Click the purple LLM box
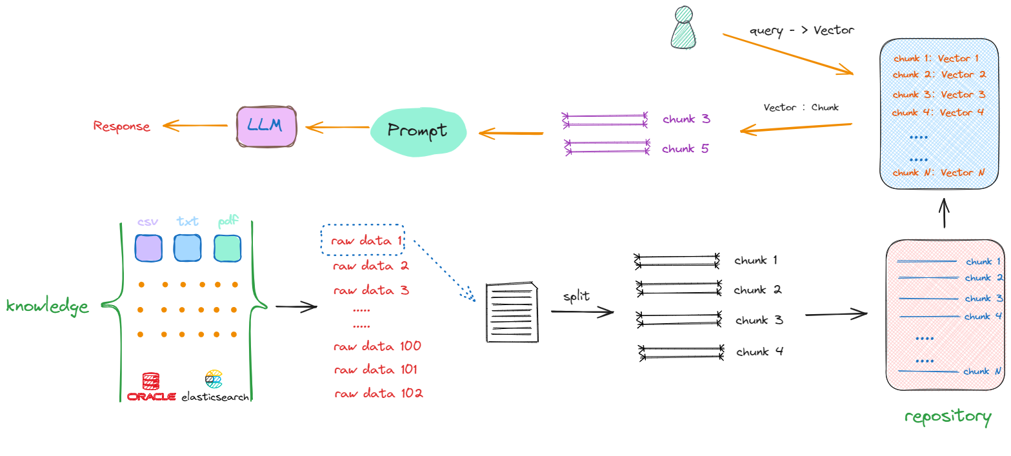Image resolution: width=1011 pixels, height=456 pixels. (266, 127)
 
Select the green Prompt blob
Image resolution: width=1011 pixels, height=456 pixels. (418, 132)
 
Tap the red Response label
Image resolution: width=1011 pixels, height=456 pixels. (121, 126)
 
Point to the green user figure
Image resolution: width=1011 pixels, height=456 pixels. (683, 28)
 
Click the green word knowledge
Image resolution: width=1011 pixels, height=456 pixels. (47, 306)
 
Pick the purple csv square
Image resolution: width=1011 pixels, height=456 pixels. (148, 248)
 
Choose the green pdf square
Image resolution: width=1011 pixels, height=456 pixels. (228, 248)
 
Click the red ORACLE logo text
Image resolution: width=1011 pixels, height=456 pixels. (151, 397)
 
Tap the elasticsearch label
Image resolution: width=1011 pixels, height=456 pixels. (215, 397)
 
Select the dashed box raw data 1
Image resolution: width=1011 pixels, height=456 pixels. (363, 239)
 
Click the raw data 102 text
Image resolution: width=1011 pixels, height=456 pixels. (379, 393)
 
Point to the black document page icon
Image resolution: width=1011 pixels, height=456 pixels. (512, 312)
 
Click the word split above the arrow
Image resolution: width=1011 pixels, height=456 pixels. (576, 296)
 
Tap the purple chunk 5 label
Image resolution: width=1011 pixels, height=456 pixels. (685, 148)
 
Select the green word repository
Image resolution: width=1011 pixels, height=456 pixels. (948, 417)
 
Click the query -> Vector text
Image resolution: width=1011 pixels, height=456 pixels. (801, 31)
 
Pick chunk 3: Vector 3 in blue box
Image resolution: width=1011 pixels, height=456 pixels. (939, 94)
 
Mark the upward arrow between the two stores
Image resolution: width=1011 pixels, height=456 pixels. (944, 213)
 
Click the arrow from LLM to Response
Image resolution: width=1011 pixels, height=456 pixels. (195, 125)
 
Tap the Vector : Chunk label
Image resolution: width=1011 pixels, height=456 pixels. (801, 107)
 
